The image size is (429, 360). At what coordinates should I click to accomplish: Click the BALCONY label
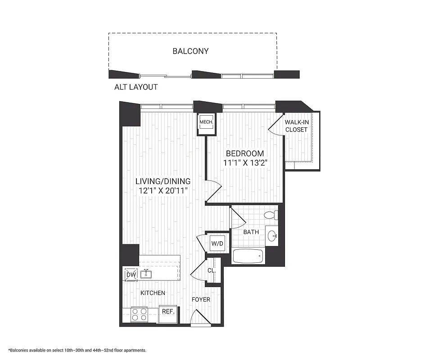coord(190,51)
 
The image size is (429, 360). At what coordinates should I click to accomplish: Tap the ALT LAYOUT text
coord(136,87)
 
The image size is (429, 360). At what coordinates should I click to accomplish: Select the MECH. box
coord(206,122)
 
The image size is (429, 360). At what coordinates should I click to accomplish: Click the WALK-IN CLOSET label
coord(296,126)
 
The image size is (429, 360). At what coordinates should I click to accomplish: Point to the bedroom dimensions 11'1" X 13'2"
coord(245,163)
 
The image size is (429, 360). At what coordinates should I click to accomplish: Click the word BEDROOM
coord(245,153)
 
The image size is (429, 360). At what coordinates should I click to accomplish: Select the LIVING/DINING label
coord(163,181)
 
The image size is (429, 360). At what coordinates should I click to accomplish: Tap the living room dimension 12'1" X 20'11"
coord(163,191)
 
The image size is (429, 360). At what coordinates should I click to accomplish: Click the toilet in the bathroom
coord(271,215)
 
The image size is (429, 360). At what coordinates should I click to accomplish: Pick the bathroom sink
coord(271,236)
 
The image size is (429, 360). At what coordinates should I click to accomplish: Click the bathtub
coord(247,256)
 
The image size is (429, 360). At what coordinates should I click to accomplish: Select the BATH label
coord(251,232)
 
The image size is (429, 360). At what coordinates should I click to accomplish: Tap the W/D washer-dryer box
coord(217,243)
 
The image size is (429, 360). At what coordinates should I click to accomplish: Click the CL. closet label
coord(211,270)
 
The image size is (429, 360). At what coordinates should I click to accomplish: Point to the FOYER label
coord(201,299)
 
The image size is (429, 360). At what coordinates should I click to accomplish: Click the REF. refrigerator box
coord(168,311)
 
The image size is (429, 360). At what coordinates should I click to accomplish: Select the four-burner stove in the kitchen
coord(140,314)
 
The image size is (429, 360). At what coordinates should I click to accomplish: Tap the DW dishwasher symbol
coord(131,274)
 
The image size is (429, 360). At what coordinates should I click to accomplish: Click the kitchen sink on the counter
coord(146,274)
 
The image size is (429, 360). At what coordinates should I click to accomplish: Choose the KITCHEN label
coord(153,293)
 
